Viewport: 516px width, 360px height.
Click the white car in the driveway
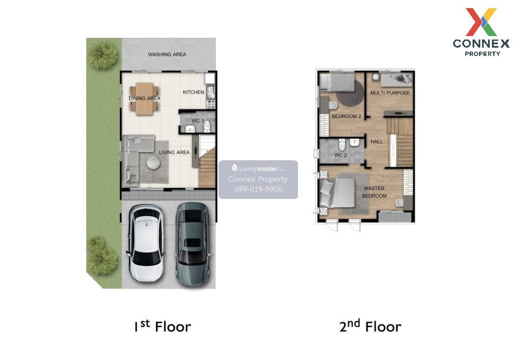click(146, 243)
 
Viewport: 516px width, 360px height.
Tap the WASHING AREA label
click(167, 55)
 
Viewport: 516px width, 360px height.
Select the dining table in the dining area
click(144, 98)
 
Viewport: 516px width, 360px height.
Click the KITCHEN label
click(193, 92)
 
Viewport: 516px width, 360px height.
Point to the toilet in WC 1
click(207, 126)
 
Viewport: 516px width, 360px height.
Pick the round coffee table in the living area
click(154, 163)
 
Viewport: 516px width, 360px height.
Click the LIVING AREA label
click(174, 153)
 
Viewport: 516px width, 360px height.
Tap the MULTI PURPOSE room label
click(390, 93)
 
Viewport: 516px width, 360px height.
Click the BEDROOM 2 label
click(346, 116)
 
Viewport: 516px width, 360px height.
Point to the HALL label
click(376, 142)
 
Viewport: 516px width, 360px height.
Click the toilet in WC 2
click(342, 144)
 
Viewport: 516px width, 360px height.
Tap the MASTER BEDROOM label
click(374, 192)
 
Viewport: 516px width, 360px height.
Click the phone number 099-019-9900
click(258, 189)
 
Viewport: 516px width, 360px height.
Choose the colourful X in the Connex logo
click(481, 22)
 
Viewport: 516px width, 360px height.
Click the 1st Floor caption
click(163, 326)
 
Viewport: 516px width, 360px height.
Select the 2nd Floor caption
click(370, 326)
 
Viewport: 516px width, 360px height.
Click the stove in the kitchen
click(211, 104)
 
